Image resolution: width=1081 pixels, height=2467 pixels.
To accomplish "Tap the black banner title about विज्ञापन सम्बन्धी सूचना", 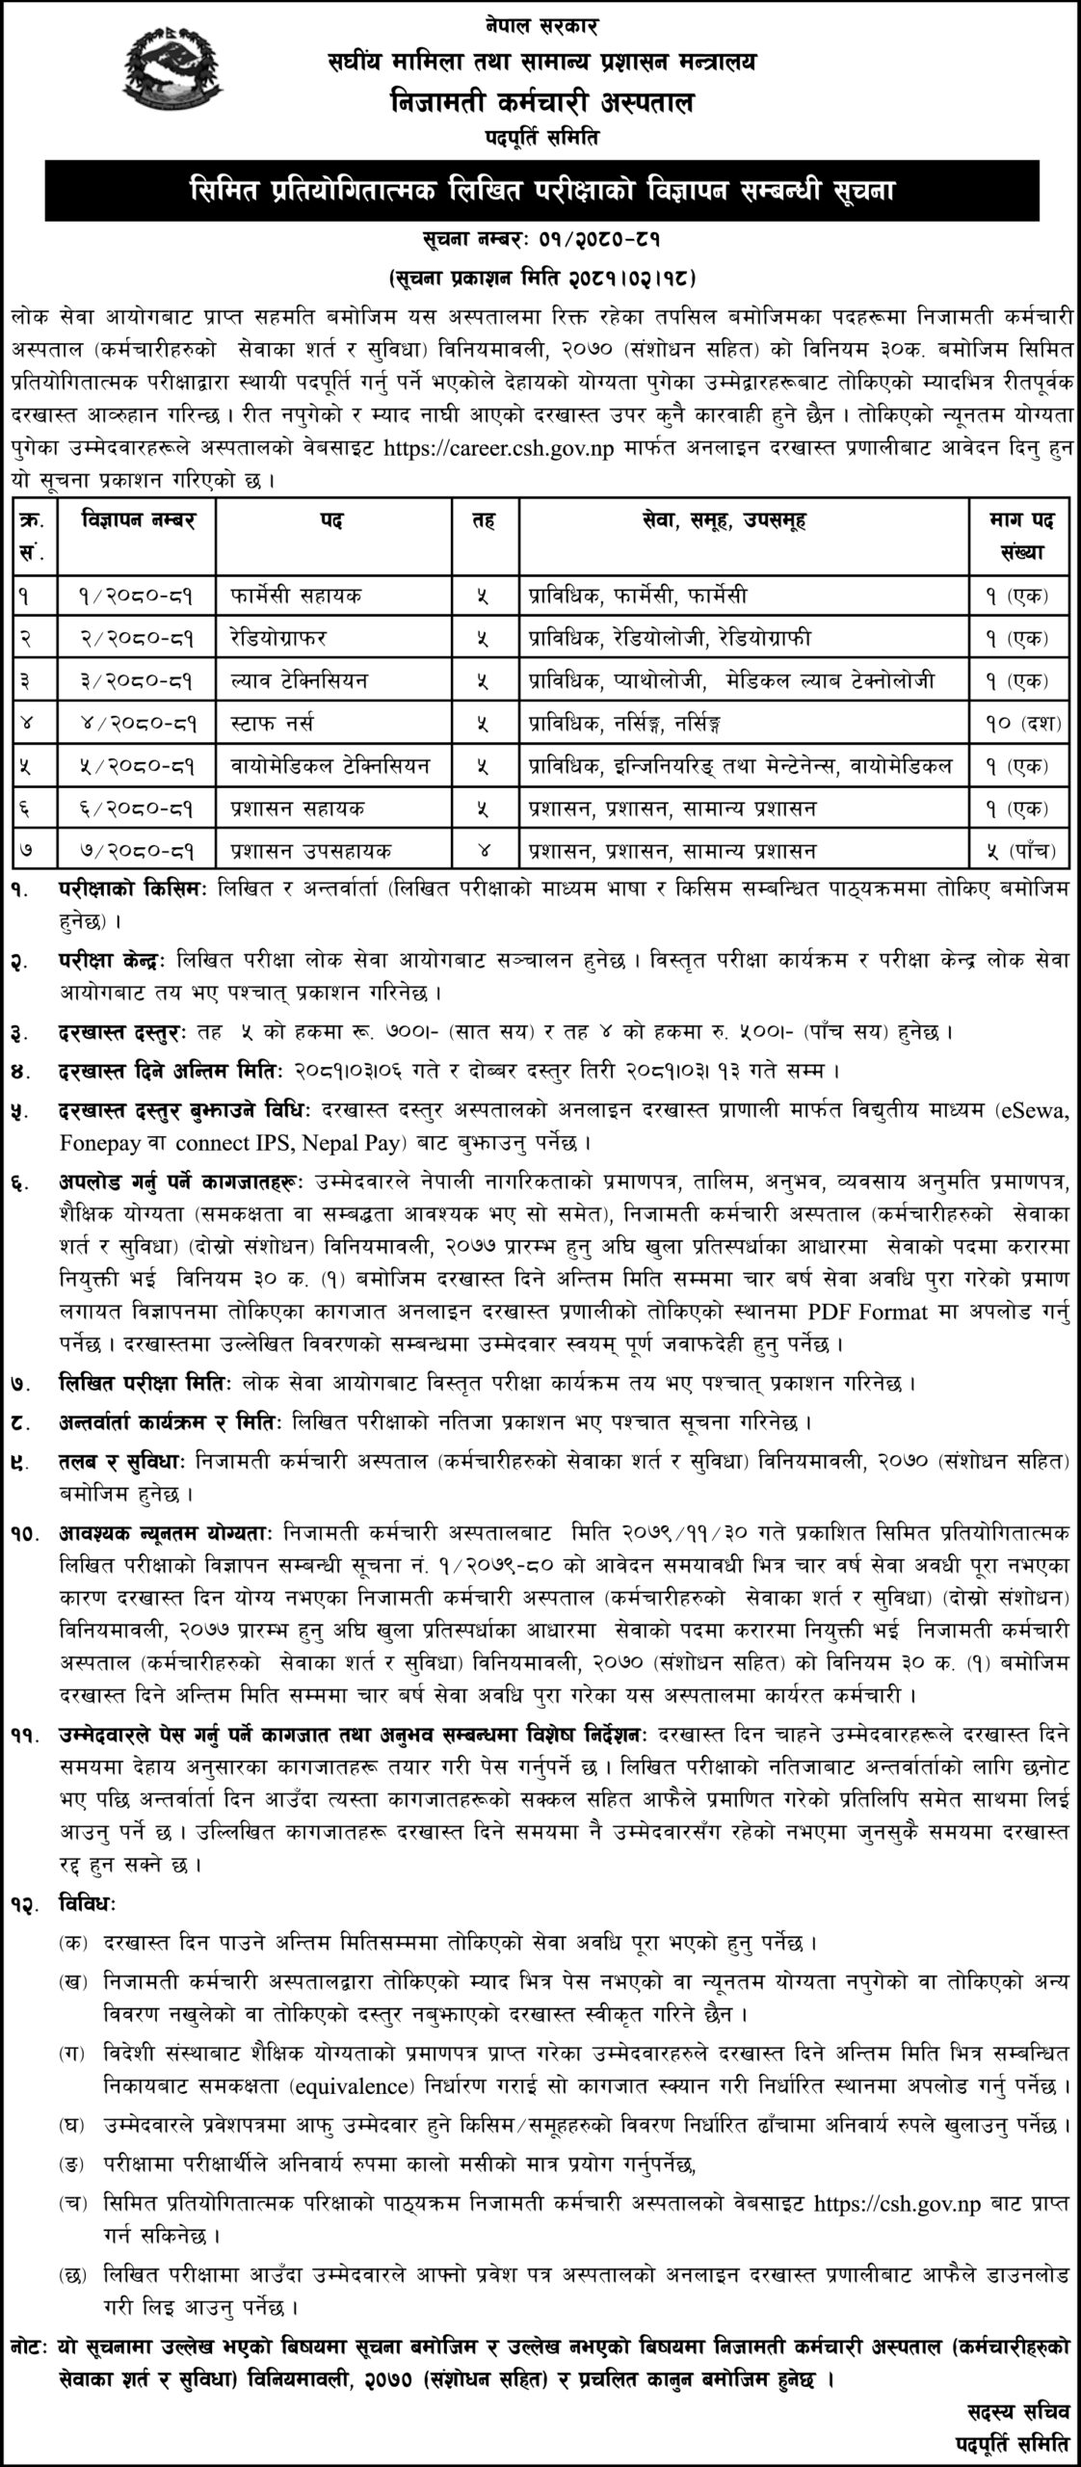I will pos(540,191).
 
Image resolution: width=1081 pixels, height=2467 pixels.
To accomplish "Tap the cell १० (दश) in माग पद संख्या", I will pos(1022,722).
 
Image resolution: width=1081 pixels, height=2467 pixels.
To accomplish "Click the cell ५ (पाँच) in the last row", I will pos(1022,850).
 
